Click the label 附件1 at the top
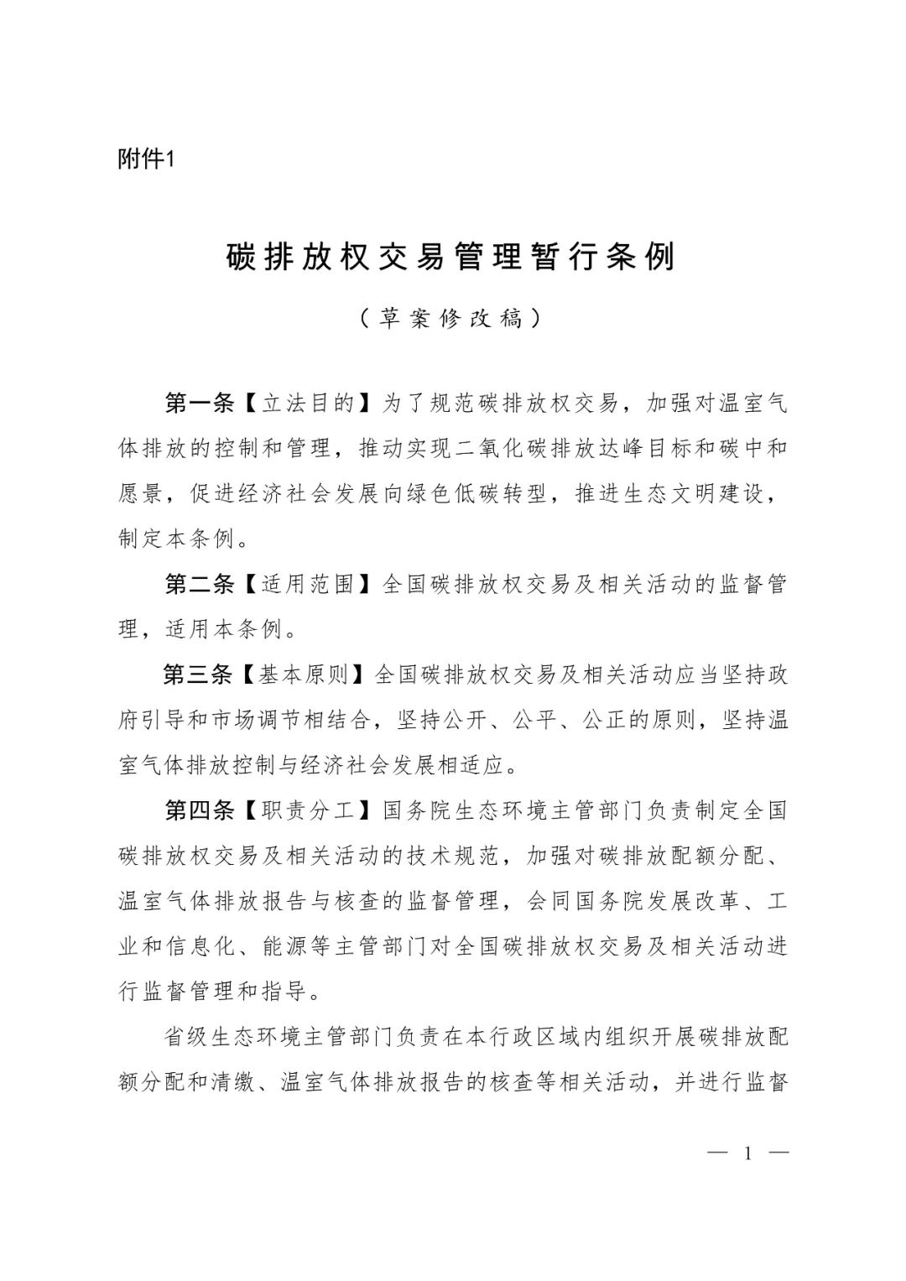coord(144,159)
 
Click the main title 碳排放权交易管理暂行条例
coord(451,258)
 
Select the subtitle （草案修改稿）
coord(451,319)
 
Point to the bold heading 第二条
coord(199,584)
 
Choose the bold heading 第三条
coord(199,674)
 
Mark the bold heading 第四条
coord(199,810)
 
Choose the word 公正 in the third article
coord(607,720)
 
